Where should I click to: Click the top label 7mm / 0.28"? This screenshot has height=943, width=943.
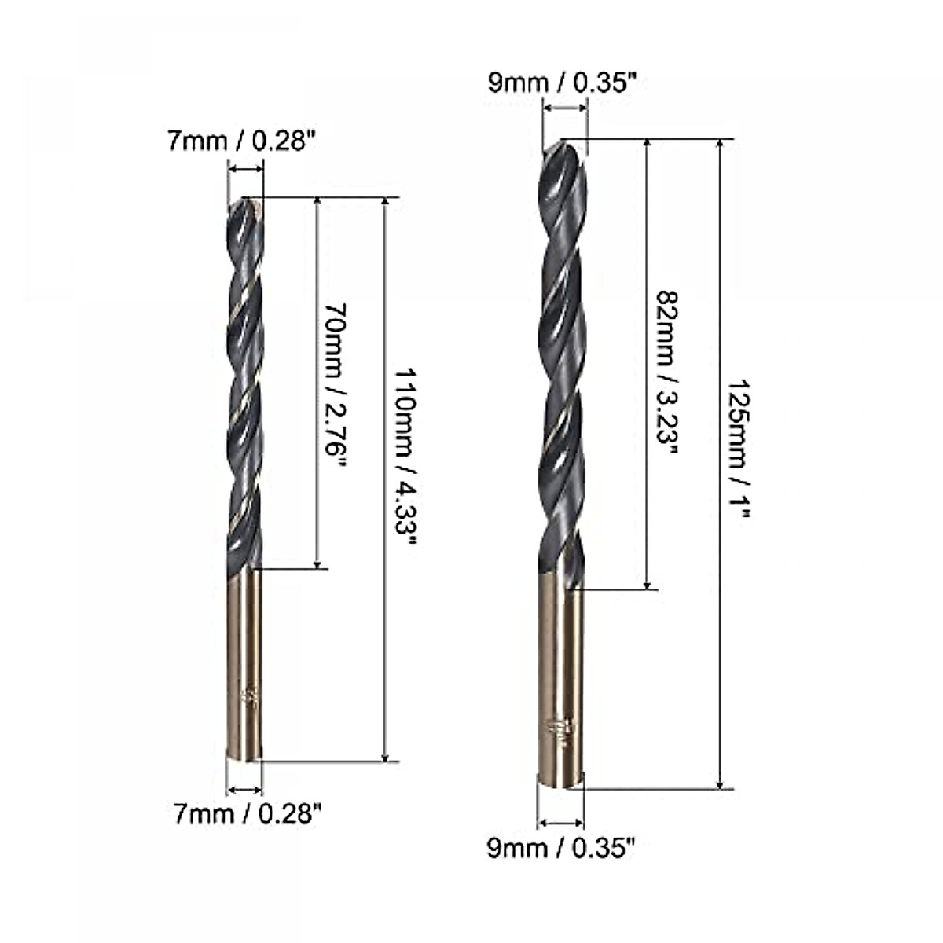click(241, 142)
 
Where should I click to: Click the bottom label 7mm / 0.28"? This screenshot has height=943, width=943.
click(248, 814)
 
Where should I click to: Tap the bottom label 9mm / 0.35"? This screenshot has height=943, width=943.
click(560, 849)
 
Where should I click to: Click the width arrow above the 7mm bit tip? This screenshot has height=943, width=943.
click(246, 167)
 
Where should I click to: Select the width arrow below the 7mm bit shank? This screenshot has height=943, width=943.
click(244, 789)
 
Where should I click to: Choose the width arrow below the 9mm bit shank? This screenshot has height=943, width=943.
click(561, 823)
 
